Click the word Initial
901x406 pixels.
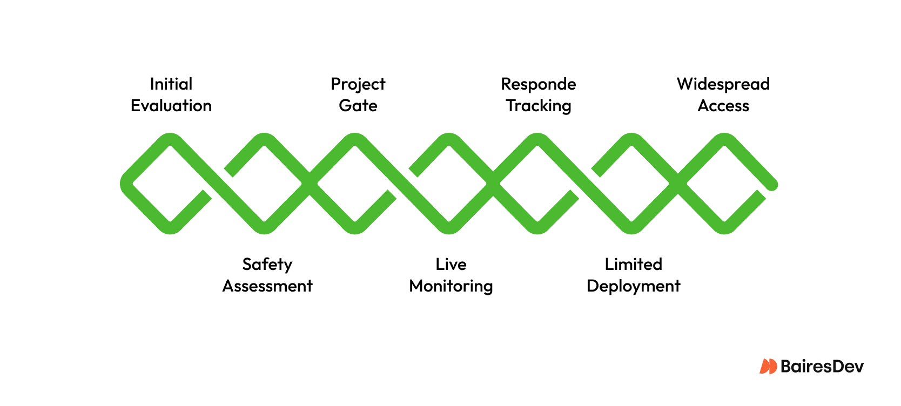point(171,84)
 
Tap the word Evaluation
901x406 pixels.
point(171,106)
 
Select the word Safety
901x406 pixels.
point(267,265)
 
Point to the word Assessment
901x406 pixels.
point(267,286)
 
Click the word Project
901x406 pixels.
point(358,84)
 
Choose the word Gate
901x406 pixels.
point(358,106)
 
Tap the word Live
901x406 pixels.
point(450,265)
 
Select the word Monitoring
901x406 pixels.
point(450,286)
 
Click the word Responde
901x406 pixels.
point(538,84)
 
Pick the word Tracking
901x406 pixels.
point(538,106)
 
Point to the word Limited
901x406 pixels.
point(633,265)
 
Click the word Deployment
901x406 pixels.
point(633,286)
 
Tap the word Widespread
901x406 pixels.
point(723,84)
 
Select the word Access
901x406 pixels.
point(723,106)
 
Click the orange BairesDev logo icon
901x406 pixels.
point(768,367)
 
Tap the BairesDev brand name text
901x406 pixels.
point(822,367)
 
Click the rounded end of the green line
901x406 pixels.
point(772,185)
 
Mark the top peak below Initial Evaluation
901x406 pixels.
point(170,139)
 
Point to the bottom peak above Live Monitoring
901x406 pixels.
point(449,228)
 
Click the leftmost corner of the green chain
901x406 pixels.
point(125,184)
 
